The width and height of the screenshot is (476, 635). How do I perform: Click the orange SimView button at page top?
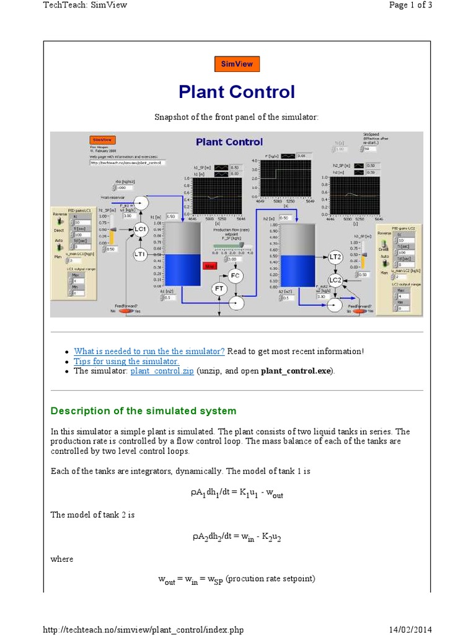click(237, 64)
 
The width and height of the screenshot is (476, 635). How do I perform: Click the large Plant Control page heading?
click(237, 92)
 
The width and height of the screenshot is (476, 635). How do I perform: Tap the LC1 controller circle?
click(140, 229)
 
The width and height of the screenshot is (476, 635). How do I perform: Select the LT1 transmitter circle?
click(139, 254)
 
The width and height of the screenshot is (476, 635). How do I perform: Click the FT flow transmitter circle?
click(219, 288)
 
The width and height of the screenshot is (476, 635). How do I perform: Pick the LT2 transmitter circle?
click(335, 257)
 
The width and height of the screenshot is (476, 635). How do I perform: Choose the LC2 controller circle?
click(335, 280)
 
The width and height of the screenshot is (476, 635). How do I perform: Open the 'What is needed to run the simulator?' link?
click(149, 351)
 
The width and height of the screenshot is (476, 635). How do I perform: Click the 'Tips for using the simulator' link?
click(126, 361)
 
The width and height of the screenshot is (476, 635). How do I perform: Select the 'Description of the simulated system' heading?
click(143, 411)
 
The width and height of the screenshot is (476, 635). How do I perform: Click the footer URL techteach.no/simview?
click(143, 629)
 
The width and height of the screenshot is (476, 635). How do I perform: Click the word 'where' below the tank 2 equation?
click(62, 559)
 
